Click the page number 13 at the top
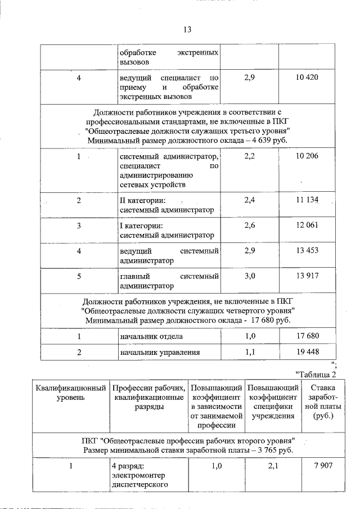tap(188, 30)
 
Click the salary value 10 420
tap(307, 77)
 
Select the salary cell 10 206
tap(307, 156)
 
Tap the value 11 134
tap(307, 200)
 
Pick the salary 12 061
tap(307, 225)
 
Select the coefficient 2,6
tap(250, 225)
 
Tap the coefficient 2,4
tap(250, 200)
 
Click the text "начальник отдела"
tap(151, 336)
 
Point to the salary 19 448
tap(307, 353)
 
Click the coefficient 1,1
tap(250, 353)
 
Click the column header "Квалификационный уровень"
tap(71, 393)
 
